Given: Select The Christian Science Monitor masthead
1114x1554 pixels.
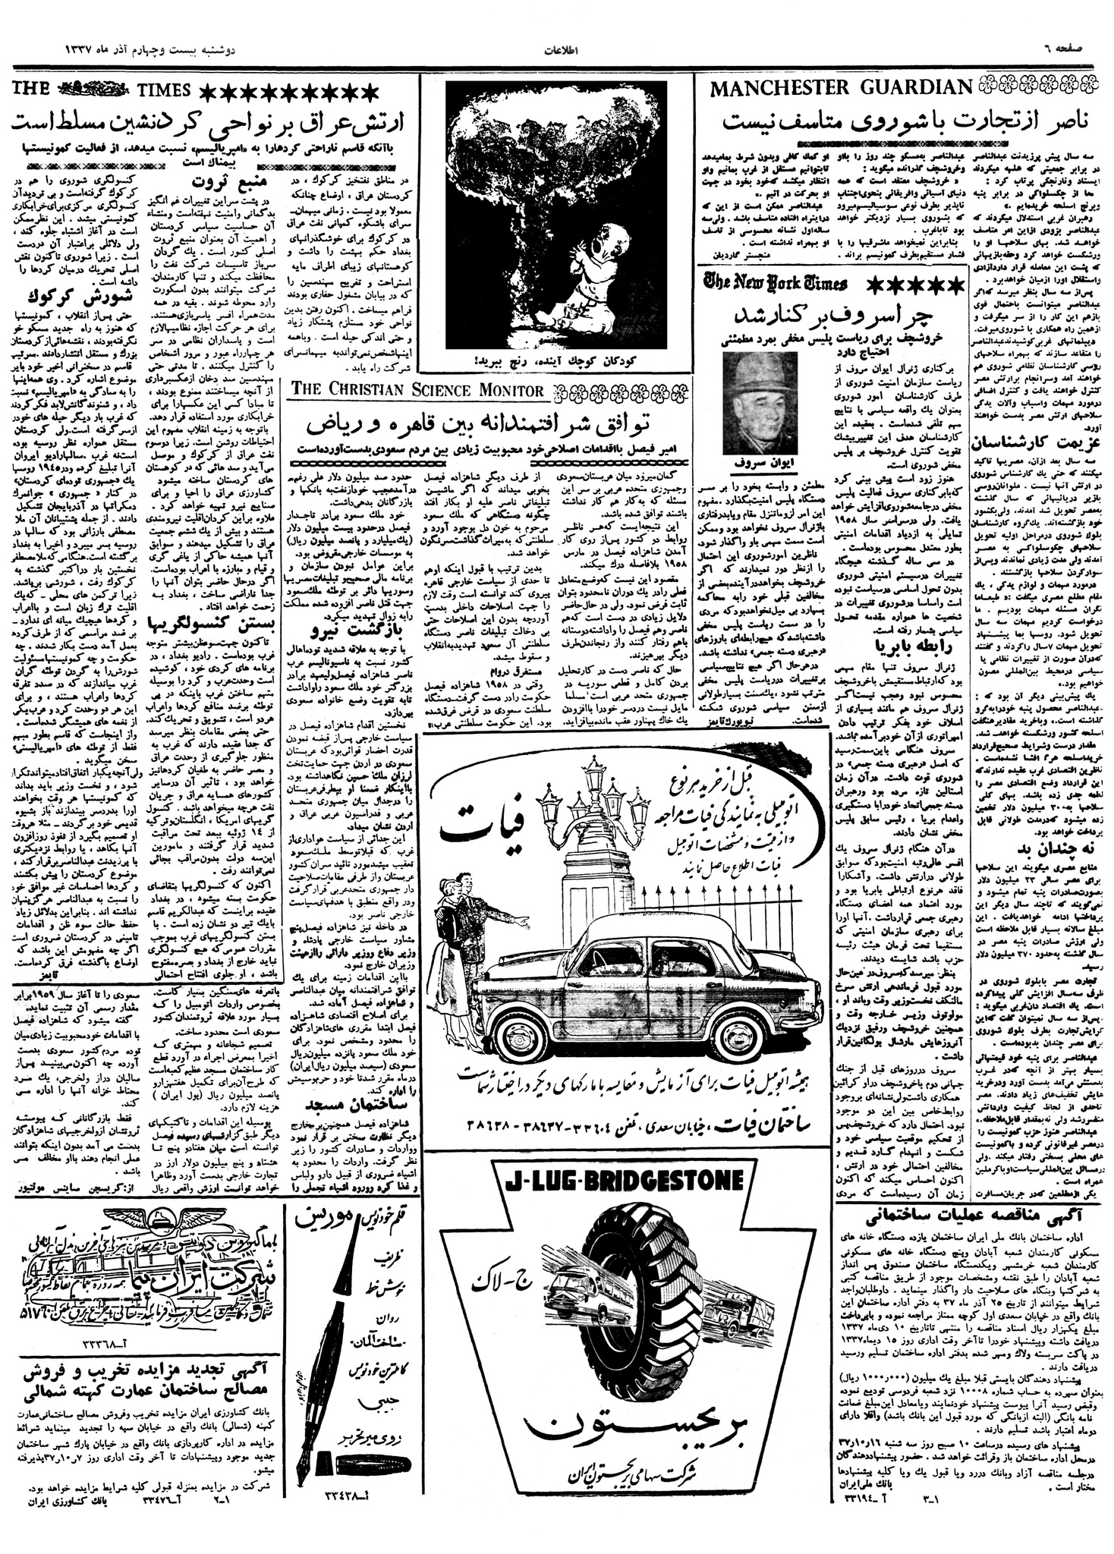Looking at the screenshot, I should [418, 390].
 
